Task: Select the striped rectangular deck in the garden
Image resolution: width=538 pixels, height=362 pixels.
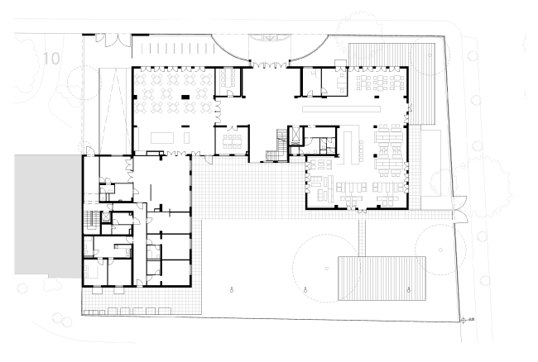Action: [382, 279]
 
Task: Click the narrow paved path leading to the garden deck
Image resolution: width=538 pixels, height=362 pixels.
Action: [363, 235]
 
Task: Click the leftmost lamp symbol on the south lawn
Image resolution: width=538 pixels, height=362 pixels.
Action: [232, 288]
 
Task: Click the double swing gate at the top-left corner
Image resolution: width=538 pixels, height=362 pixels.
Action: [110, 38]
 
